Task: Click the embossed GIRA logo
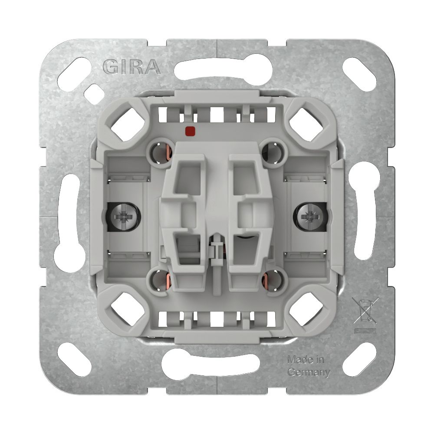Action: pyautogui.click(x=132, y=67)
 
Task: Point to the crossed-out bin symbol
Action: pyautogui.click(x=365, y=310)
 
